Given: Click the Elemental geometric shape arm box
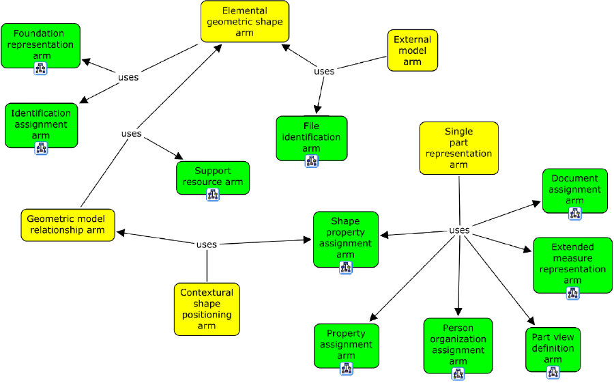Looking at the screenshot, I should coord(244,22).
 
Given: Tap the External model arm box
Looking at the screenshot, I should coord(412,51).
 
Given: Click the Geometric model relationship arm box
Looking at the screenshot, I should coord(67,225).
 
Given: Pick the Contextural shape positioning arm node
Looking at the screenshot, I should coord(207,309).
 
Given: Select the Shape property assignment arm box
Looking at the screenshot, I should coord(345,238).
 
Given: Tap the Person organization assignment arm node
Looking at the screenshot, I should coord(458,345).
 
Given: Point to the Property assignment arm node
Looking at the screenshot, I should coord(346,345).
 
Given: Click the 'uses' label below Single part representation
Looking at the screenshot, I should coord(459,230).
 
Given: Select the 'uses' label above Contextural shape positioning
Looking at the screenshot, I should coord(206,244).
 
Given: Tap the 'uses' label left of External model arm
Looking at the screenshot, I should coord(324,71).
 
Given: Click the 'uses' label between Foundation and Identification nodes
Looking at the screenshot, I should coord(128,77).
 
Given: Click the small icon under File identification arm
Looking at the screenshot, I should coord(311,161).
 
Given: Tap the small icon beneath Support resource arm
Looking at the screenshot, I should coord(212,195).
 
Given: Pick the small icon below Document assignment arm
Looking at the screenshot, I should coord(574,213).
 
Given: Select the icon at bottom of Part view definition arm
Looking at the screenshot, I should coord(553,372).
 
